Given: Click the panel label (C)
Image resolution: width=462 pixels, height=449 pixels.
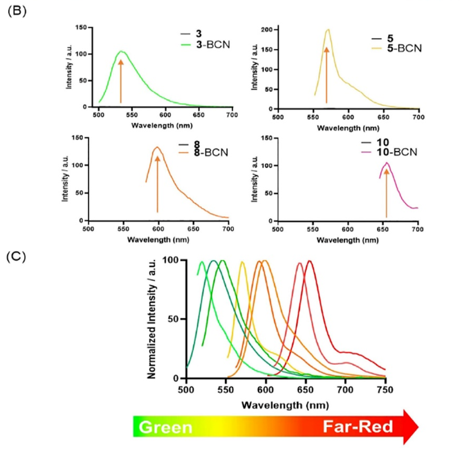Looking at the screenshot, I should click(x=15, y=255).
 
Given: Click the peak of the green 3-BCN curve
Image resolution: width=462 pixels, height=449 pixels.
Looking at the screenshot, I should click(x=121, y=51).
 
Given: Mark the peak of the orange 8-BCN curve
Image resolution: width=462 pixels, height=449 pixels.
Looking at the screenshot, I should click(x=157, y=147).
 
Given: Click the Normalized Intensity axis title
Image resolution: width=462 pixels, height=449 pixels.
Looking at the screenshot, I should click(x=153, y=320).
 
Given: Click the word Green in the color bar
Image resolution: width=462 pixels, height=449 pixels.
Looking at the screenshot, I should click(x=166, y=427).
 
